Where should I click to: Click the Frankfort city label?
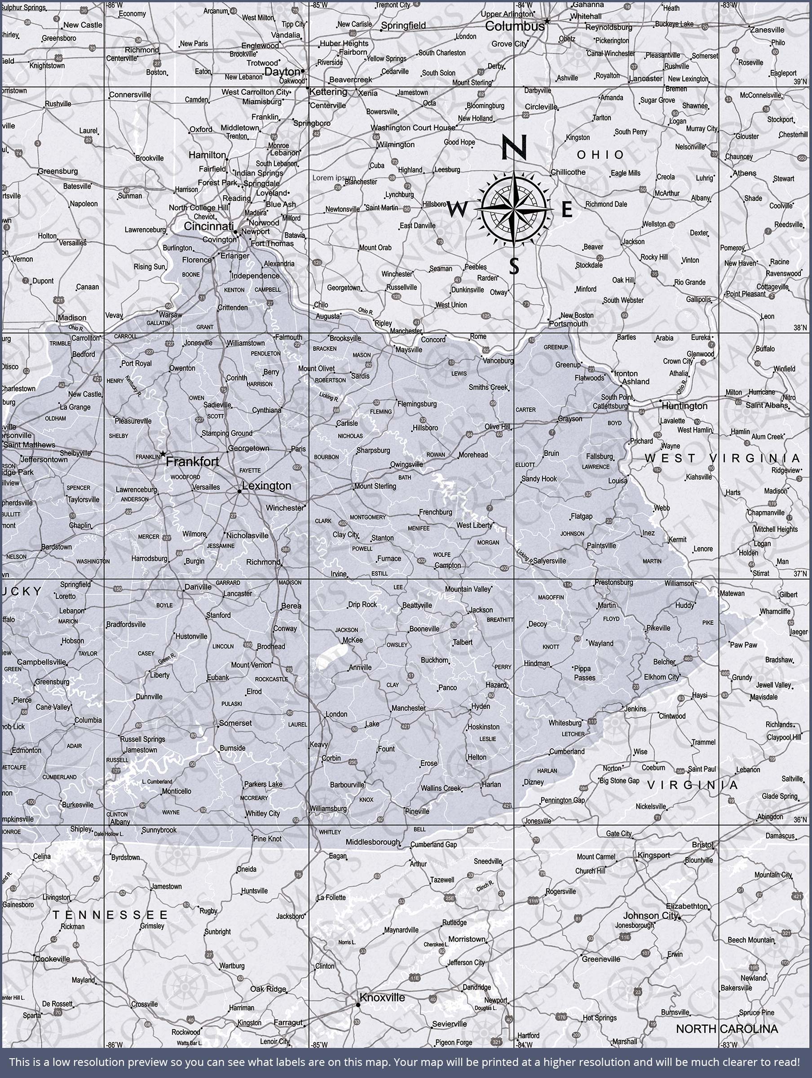coord(192,461)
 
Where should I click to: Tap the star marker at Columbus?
coord(547,21)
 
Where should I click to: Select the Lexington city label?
coord(266,486)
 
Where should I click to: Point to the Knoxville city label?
coord(382,998)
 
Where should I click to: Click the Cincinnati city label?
coord(208,226)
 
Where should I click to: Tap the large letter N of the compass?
coord(514,147)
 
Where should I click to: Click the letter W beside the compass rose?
coord(456,210)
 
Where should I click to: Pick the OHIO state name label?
coord(600,155)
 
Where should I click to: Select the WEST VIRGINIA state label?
coord(722,458)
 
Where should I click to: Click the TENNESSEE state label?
coord(110,915)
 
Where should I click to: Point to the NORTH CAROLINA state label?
coord(726,1029)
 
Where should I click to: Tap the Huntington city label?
coord(684,406)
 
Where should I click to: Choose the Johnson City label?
coord(650,916)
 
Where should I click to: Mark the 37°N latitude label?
coord(800,574)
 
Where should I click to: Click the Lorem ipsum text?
coord(334,178)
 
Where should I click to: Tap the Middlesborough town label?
coord(373,842)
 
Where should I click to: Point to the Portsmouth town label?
coord(568,323)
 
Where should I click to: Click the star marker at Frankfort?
coord(163,454)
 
